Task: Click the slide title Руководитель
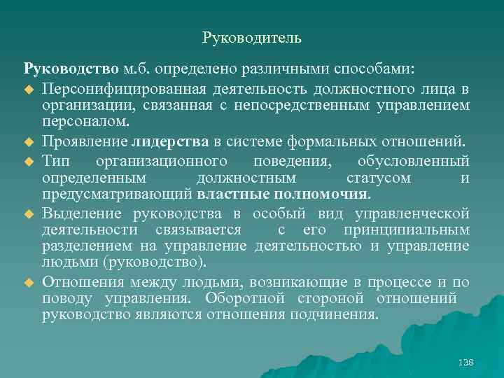(x=251, y=37)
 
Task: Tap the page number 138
(x=465, y=362)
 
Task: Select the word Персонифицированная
(x=113, y=90)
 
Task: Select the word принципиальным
(x=406, y=230)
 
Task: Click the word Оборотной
(x=242, y=299)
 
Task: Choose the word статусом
(x=379, y=177)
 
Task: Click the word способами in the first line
(x=379, y=71)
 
